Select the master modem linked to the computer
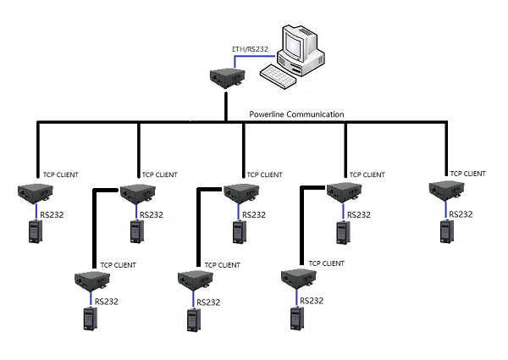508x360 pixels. click(x=227, y=78)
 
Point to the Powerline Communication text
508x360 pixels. click(x=296, y=114)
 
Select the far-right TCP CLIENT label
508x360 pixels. click(x=468, y=174)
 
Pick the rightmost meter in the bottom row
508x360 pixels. click(x=295, y=318)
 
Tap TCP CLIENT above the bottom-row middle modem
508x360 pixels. click(x=221, y=265)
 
